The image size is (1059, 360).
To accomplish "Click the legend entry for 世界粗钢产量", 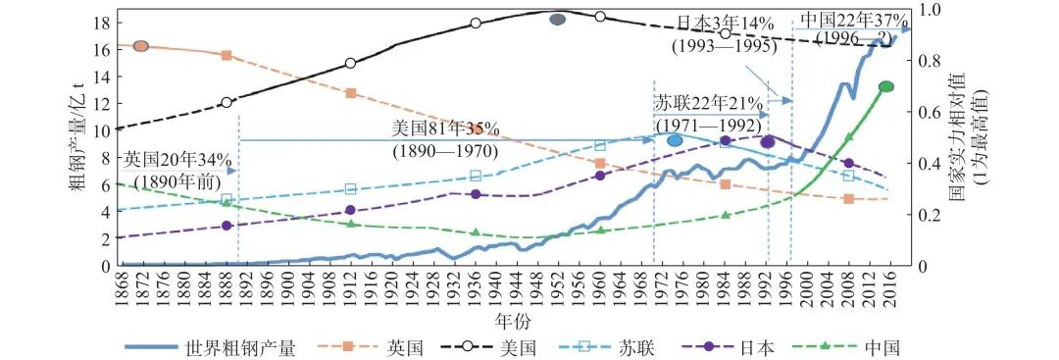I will click(239, 346).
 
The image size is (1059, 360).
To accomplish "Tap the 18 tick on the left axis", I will click(101, 22).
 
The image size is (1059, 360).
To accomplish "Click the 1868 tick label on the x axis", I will click(120, 288).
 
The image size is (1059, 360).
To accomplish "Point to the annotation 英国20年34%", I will click(177, 159).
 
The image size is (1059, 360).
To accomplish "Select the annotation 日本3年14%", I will click(724, 22).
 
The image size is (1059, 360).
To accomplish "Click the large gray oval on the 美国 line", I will click(558, 20).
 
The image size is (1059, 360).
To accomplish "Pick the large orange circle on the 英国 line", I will click(140, 46).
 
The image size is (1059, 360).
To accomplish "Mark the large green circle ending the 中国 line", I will click(886, 86).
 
